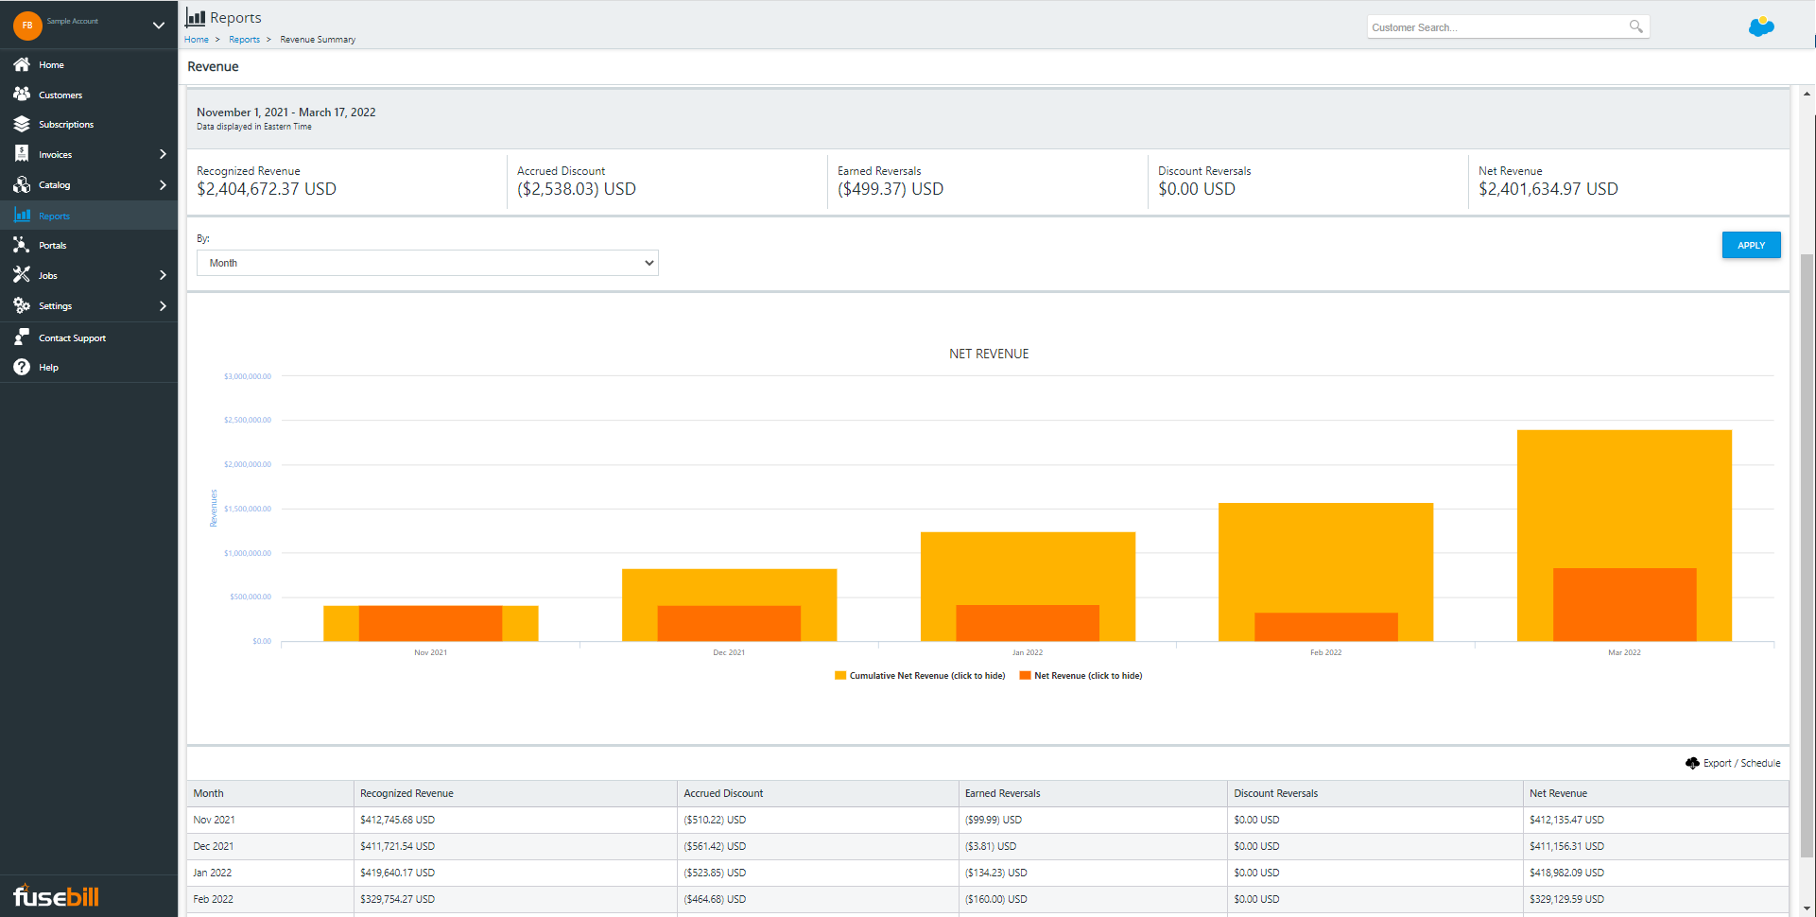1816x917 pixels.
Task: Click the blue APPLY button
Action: (1750, 245)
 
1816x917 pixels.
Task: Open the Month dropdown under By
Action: (426, 263)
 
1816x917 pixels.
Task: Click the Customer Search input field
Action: (1496, 27)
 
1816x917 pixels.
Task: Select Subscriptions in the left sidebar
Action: (65, 125)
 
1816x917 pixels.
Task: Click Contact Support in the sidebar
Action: (72, 337)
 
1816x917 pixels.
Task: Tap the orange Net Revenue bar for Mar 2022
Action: (1623, 605)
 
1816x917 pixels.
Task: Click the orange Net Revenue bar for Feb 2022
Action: (1325, 627)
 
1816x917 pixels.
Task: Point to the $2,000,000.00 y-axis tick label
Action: (248, 464)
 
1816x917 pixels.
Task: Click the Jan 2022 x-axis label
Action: (1027, 652)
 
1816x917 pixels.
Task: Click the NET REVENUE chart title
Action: (988, 354)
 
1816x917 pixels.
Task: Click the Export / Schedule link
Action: (1740, 763)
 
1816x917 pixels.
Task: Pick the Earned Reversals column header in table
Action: (1002, 793)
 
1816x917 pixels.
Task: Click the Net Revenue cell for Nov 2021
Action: (1565, 820)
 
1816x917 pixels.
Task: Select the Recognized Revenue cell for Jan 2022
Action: (397, 873)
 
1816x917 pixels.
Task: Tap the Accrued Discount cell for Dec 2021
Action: (714, 846)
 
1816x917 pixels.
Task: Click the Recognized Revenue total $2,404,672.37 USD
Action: (267, 189)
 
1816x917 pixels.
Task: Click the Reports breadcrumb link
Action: (244, 40)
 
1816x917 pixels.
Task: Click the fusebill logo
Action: (56, 895)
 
